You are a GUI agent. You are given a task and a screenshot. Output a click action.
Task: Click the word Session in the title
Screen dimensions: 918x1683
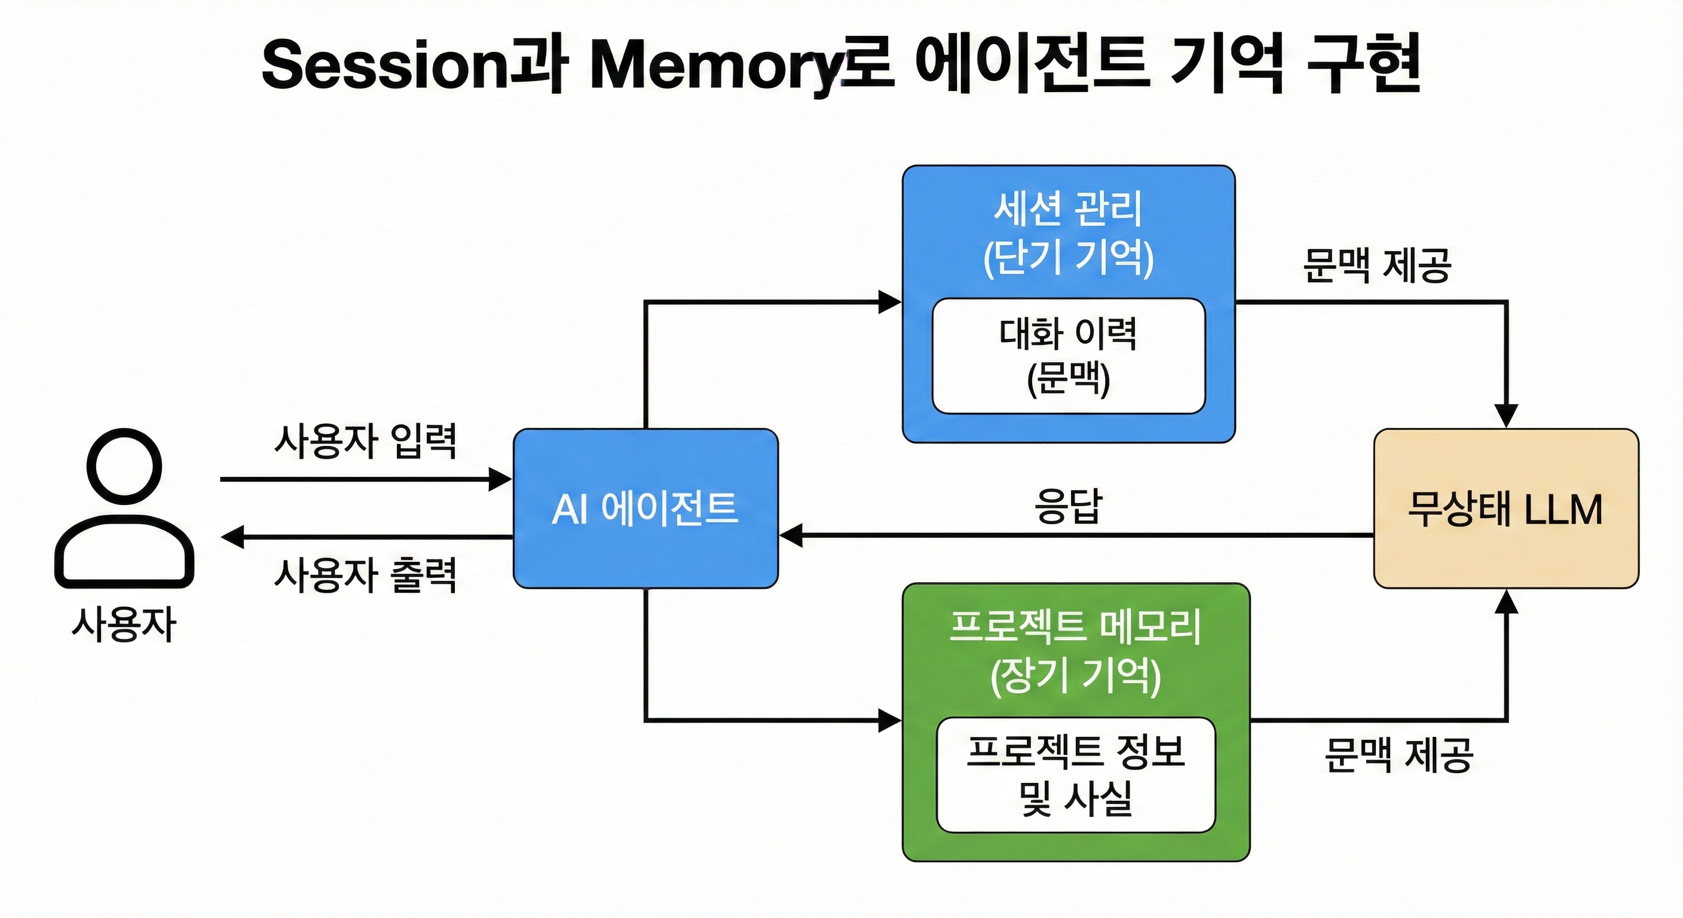click(x=384, y=65)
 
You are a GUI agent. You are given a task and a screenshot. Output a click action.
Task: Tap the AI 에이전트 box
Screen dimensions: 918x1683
click(x=645, y=509)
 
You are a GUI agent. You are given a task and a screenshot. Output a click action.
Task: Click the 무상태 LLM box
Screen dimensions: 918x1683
click(x=1505, y=509)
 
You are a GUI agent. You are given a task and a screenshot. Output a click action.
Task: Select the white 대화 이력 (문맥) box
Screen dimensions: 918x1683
click(x=1068, y=356)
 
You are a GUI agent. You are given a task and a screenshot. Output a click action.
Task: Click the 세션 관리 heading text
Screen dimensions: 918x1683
click(x=1068, y=209)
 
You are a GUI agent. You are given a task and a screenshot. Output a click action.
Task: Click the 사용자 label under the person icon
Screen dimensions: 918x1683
click(x=124, y=625)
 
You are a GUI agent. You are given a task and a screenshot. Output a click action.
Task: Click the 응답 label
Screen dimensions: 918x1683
click(x=1068, y=506)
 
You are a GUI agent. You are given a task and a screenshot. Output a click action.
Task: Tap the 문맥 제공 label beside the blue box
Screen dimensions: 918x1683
click(x=1377, y=265)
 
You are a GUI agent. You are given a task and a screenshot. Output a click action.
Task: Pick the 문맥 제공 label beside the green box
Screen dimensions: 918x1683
click(x=1399, y=755)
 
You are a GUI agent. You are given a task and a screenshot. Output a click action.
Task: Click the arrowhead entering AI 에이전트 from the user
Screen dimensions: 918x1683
click(x=501, y=479)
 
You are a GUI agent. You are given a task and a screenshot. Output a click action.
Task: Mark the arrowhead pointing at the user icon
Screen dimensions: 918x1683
click(x=232, y=537)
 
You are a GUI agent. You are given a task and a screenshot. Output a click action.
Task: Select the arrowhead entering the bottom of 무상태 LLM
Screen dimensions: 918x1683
click(x=1506, y=601)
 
